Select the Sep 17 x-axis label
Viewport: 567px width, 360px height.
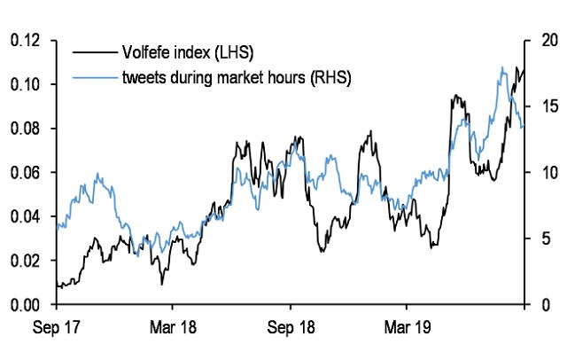pyautogui.click(x=57, y=329)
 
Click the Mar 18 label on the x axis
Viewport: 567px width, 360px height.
pyautogui.click(x=174, y=329)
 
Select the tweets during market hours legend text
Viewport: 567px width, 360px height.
pyautogui.click(x=234, y=78)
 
